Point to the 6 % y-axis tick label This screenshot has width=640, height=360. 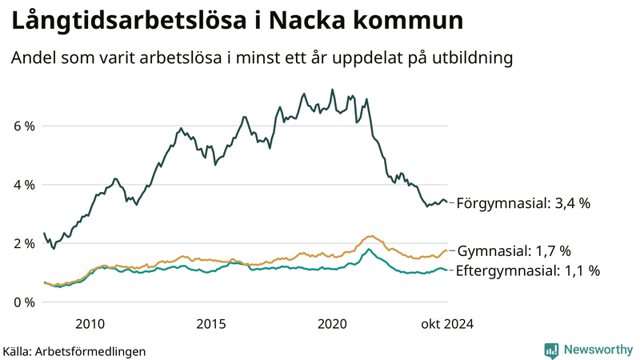point(24,126)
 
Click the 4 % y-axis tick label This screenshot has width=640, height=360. point(24,185)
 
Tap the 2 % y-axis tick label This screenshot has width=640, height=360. point(24,243)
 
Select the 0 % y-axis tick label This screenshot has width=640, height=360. point(24,302)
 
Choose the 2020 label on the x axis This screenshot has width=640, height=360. point(333,324)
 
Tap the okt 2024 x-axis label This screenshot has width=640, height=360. point(446,324)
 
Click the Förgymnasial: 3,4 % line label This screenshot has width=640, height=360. point(523,203)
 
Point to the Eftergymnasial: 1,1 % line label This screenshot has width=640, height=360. point(527,270)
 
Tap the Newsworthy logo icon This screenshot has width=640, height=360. point(551,350)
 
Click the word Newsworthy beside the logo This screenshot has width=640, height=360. point(598,350)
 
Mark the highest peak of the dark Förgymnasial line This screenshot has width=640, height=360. point(331,90)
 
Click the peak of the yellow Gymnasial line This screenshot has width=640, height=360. point(370,236)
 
